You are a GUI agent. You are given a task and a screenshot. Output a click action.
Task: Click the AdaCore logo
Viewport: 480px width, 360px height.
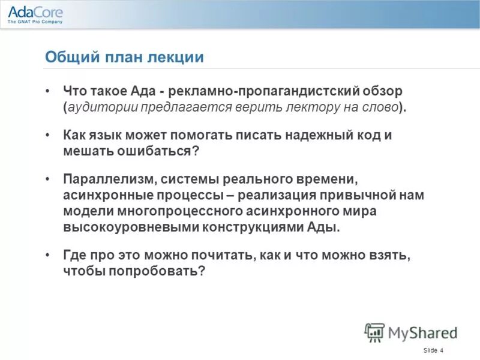click(35, 11)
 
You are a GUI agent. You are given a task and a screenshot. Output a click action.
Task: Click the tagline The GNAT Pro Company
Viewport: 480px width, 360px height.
click(35, 22)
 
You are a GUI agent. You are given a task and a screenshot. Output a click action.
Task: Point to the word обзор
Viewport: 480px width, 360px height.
click(384, 92)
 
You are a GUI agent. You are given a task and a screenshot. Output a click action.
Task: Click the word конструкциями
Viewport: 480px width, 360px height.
click(239, 227)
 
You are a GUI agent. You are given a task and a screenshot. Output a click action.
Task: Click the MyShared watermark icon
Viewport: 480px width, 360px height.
click(374, 332)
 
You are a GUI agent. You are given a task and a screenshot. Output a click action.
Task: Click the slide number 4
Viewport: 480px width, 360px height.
click(442, 350)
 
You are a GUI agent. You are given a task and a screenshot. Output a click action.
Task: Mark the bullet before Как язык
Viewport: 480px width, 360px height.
click(48, 135)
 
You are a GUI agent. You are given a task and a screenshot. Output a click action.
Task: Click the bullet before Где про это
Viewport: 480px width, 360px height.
click(48, 255)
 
